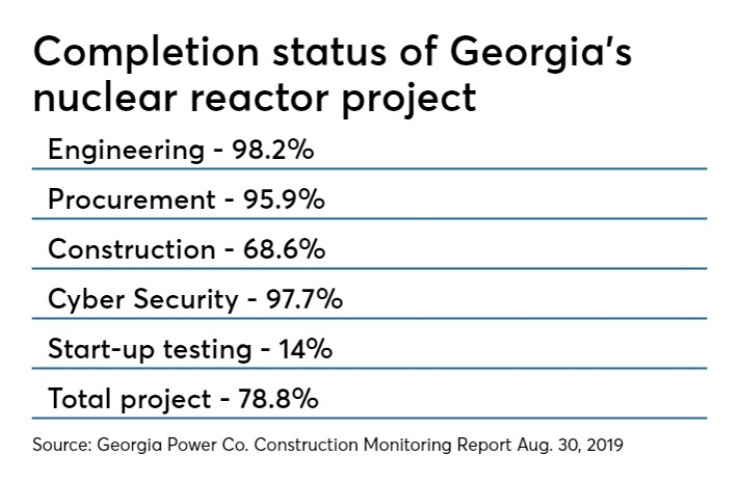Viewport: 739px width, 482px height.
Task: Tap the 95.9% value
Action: click(x=284, y=200)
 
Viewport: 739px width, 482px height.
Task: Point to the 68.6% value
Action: click(x=285, y=249)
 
